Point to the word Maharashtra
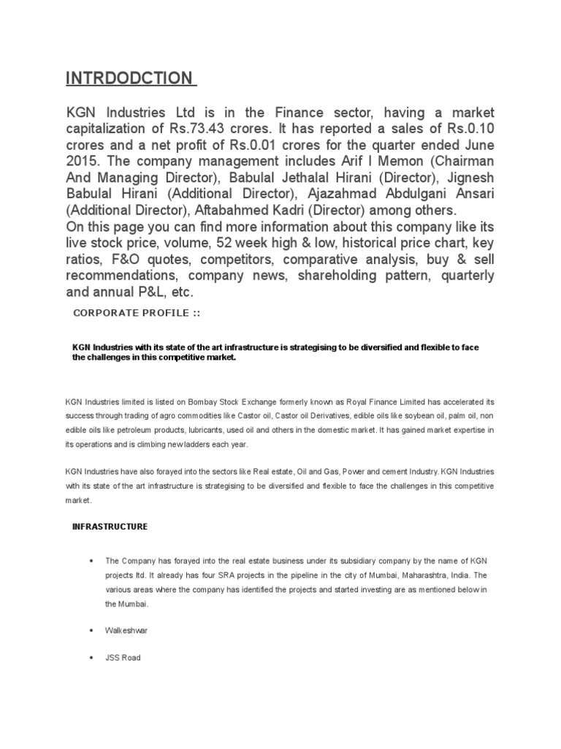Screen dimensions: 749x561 420,575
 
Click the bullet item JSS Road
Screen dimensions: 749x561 123,658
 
